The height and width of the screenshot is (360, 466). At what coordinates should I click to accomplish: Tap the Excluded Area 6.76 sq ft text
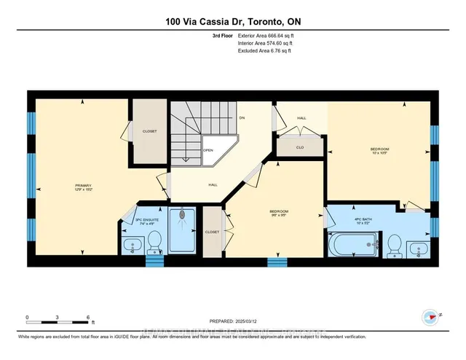coord(267,52)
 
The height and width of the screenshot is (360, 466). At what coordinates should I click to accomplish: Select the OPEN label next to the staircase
coord(208,150)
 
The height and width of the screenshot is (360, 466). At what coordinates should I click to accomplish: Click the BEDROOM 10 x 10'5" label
coord(377,150)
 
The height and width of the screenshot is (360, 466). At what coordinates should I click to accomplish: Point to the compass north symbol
coord(430,317)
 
